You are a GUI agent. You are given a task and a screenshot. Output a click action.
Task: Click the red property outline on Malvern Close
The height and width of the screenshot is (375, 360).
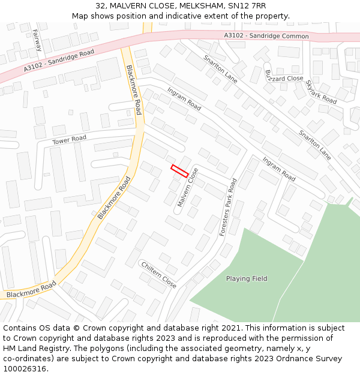coord(180,170)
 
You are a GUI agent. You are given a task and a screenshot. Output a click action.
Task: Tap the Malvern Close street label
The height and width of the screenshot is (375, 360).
coord(188,188)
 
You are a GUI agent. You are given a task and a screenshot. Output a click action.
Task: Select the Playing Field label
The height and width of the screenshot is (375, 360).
coord(247,278)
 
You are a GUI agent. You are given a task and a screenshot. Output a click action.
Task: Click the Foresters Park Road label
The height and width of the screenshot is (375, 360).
coord(229,207)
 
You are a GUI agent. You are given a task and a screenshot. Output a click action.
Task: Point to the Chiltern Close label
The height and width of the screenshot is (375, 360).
coord(158,274)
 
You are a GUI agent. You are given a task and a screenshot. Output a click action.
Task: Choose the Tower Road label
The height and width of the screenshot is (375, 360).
coord(69,140)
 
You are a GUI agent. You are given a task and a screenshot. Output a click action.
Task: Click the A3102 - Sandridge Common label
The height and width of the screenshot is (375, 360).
coord(266,36)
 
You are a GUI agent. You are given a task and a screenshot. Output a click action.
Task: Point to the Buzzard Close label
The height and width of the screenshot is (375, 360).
coord(284,78)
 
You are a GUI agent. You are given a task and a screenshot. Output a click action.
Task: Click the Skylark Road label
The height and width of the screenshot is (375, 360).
coord(321,91)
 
